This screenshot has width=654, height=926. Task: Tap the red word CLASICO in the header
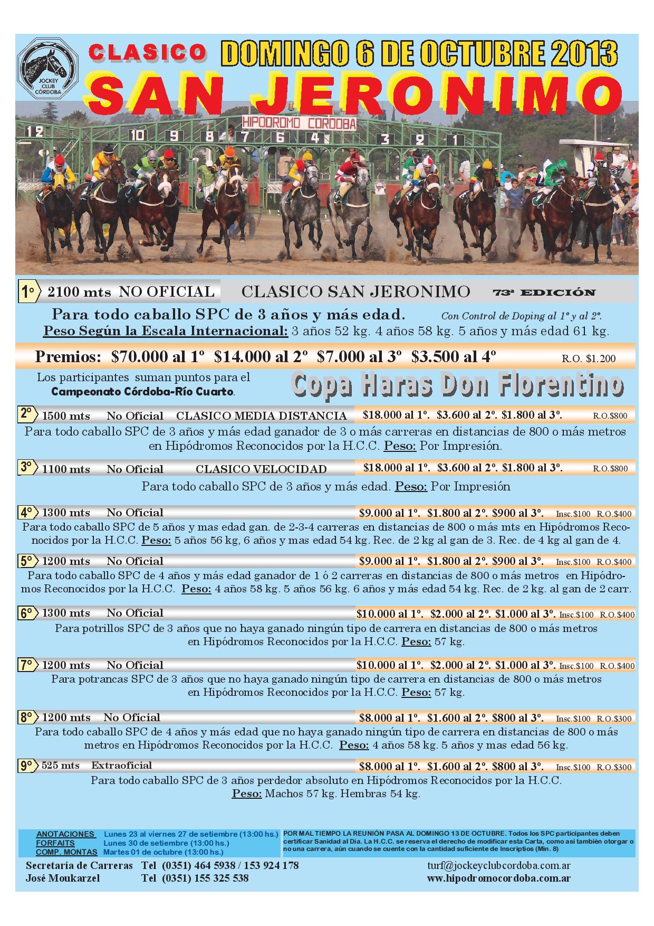pos(148,52)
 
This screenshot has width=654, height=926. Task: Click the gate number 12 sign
pos(35,131)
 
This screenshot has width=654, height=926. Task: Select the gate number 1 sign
pos(451,140)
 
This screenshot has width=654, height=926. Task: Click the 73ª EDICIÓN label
pos(544,292)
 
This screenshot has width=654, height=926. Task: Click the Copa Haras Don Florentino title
pos(457,386)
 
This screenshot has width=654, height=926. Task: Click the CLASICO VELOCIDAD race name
pos(261,469)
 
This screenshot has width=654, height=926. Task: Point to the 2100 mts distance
pos(79,291)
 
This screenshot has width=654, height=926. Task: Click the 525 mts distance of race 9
pos(61,766)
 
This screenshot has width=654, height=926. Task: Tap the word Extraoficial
pos(121,766)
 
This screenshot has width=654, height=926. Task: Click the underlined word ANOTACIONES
pos(66,834)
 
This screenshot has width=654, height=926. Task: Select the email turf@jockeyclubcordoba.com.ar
pos(498,866)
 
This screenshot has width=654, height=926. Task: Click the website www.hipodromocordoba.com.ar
pos(498,878)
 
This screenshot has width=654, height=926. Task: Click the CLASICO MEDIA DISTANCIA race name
pos(261,415)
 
